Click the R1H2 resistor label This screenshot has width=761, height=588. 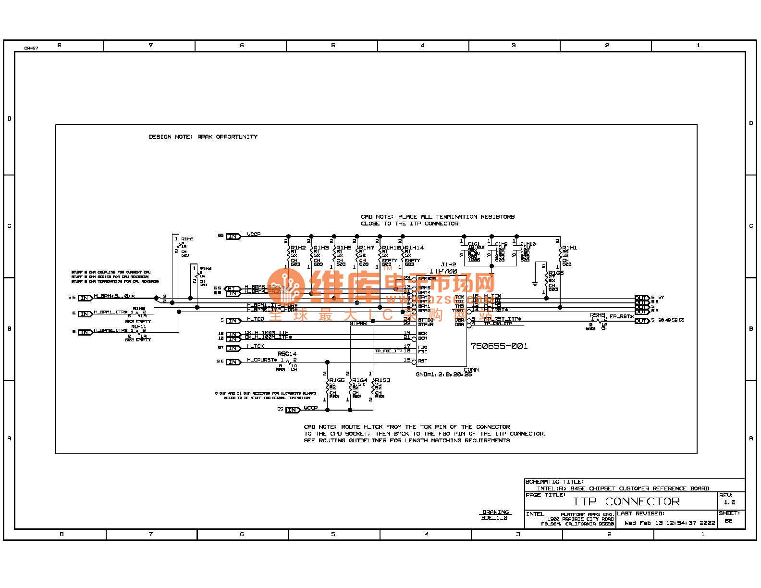point(298,248)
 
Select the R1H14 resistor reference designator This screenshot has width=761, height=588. point(414,248)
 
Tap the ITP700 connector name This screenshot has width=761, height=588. point(443,271)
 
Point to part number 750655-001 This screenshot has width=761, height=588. point(499,346)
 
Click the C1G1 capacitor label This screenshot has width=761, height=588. point(474,244)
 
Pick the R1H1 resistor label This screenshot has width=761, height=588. point(570,248)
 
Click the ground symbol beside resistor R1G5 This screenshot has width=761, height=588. point(535,284)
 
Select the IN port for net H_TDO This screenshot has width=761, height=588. point(233,321)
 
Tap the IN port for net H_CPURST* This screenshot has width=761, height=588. point(233,362)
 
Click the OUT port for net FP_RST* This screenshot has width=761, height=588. point(642,321)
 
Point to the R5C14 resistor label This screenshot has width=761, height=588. point(287,354)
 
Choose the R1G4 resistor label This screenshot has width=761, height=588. point(360,380)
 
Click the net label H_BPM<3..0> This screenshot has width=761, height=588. point(114,296)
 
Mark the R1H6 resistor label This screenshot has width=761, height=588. point(187,239)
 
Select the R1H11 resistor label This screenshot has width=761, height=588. point(138,327)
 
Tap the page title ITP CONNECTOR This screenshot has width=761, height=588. point(626,501)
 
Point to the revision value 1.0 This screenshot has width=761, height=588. point(729,502)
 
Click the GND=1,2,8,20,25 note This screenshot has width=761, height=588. point(444,375)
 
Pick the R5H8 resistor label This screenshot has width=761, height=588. point(598,315)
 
